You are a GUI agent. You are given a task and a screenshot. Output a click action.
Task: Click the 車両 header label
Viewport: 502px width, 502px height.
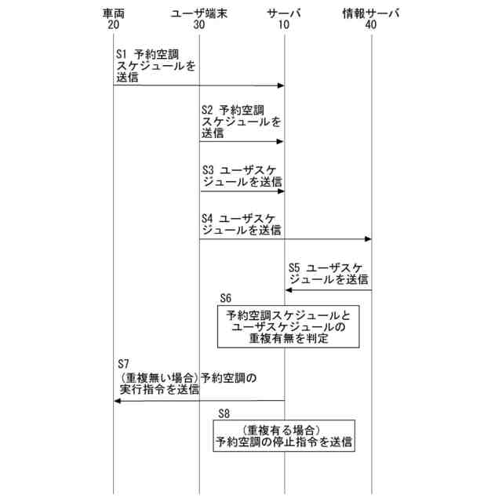pyautogui.click(x=114, y=13)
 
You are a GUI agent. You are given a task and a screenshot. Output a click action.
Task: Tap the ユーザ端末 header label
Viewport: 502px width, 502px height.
pyautogui.click(x=198, y=13)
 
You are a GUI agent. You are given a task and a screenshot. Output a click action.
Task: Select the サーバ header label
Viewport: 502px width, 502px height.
pyautogui.click(x=284, y=13)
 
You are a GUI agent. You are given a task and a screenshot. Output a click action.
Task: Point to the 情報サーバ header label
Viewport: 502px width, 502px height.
pyautogui.click(x=371, y=13)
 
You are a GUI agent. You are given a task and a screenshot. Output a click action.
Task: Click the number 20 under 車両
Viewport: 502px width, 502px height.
pyautogui.click(x=114, y=25)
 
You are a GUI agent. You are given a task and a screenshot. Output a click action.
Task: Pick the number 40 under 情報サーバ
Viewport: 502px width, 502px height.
pyautogui.click(x=371, y=25)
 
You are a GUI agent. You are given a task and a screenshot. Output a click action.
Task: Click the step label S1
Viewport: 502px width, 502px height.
pyautogui.click(x=121, y=55)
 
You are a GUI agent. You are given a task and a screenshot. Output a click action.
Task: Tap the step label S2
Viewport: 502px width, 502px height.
pyautogui.click(x=208, y=111)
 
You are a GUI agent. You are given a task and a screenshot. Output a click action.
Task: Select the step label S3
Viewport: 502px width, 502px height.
pyautogui.click(x=208, y=169)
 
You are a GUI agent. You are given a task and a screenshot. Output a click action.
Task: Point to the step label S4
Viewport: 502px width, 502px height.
pyautogui.click(x=208, y=217)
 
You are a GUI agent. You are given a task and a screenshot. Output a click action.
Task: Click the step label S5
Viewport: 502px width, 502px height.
pyautogui.click(x=295, y=266)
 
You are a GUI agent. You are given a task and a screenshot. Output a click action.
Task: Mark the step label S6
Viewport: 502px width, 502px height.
pyautogui.click(x=226, y=298)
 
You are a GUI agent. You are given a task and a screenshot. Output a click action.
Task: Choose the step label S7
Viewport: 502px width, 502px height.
pyautogui.click(x=122, y=365)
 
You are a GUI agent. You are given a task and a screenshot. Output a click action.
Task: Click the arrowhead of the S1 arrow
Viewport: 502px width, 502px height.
pyautogui.click(x=279, y=85)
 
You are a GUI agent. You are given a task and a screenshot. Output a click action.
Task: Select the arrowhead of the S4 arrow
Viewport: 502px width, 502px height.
pyautogui.click(x=366, y=239)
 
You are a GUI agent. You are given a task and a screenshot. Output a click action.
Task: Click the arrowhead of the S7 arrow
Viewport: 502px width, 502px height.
pyautogui.click(x=118, y=401)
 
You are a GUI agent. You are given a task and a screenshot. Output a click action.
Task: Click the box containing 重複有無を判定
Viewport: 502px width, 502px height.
pyautogui.click(x=289, y=327)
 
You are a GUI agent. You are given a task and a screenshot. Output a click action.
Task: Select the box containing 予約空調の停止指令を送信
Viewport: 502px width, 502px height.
pyautogui.click(x=284, y=436)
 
